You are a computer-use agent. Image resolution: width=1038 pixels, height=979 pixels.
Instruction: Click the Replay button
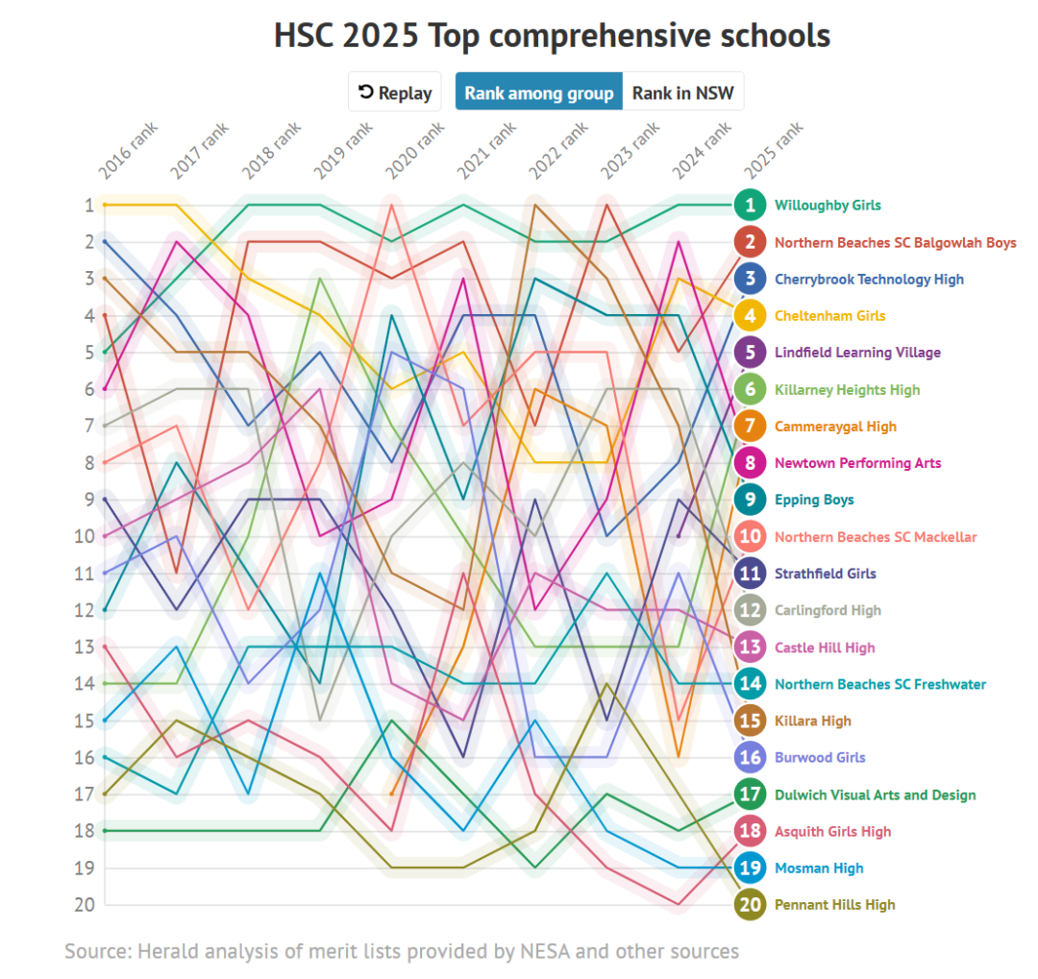click(394, 93)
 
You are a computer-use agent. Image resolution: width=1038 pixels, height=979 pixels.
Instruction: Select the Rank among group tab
click(538, 93)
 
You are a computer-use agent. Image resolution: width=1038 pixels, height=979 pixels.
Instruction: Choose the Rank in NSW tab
click(682, 93)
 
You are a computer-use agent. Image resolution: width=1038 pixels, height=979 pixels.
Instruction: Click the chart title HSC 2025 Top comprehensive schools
click(552, 37)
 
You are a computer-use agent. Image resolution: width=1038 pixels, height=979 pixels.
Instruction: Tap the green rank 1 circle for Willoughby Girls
click(750, 205)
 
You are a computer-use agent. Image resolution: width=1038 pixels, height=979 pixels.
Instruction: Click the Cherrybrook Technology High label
click(869, 280)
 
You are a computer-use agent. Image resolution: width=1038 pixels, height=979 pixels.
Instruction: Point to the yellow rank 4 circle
click(750, 315)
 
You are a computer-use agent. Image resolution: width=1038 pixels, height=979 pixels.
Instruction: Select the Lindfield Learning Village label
click(857, 353)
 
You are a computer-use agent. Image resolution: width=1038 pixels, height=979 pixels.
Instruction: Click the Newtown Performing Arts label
click(857, 463)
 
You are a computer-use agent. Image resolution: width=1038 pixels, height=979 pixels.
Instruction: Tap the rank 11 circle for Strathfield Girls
click(750, 574)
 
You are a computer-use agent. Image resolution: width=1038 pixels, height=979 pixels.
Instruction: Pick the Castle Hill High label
click(825, 648)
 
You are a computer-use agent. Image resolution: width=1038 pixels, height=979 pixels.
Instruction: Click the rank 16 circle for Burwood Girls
click(750, 757)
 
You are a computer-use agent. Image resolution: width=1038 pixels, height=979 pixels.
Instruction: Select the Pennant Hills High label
click(834, 905)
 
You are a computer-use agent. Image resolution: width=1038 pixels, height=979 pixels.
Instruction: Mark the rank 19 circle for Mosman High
click(750, 868)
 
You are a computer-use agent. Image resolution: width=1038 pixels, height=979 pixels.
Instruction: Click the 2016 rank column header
click(128, 151)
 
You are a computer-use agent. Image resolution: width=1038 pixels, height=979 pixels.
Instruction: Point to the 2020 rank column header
click(414, 151)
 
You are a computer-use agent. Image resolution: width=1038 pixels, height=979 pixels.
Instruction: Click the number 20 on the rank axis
click(86, 905)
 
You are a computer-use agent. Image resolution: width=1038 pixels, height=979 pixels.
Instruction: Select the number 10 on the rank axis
click(86, 536)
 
